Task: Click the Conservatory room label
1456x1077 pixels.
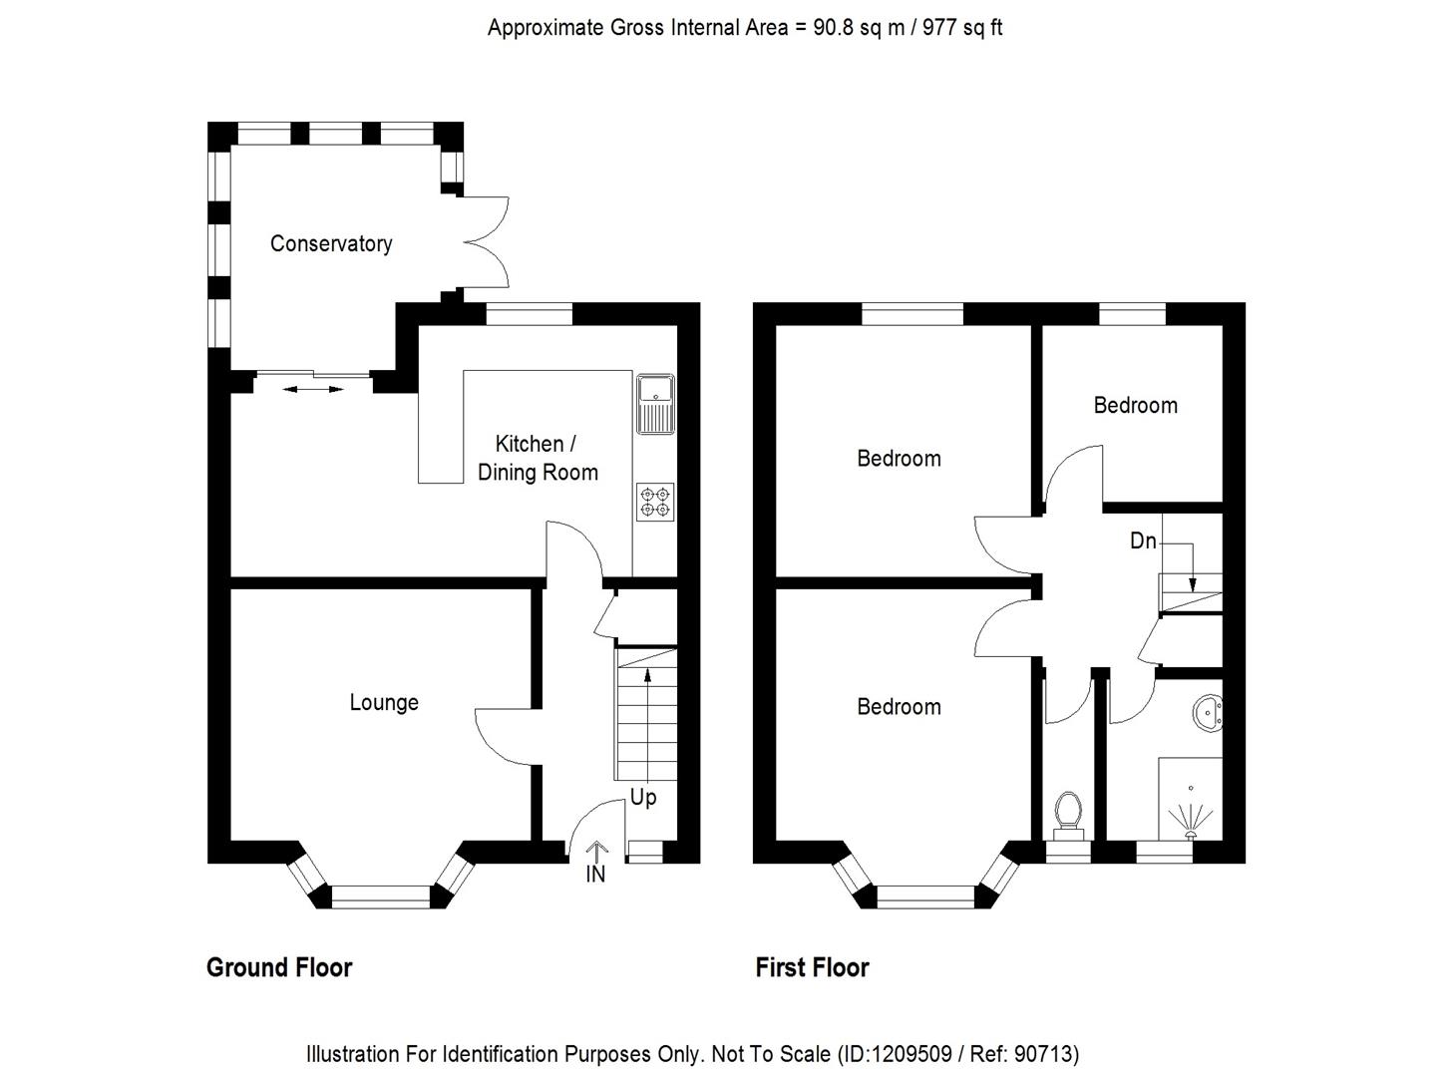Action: [330, 243]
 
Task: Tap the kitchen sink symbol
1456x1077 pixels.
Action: [655, 404]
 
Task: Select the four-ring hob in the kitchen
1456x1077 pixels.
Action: [655, 502]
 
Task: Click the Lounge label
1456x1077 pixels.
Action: [383, 702]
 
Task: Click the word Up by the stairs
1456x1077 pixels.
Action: [643, 797]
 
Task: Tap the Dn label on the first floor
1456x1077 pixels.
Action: [1143, 540]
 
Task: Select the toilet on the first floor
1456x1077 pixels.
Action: [1068, 813]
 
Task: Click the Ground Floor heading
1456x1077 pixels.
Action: [279, 967]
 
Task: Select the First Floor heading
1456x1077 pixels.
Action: [812, 967]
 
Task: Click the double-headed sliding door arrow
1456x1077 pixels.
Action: [312, 388]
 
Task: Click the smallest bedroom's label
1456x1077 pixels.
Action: [1135, 405]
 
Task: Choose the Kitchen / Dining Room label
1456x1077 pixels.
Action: [537, 458]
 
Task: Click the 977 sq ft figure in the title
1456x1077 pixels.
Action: [961, 28]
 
